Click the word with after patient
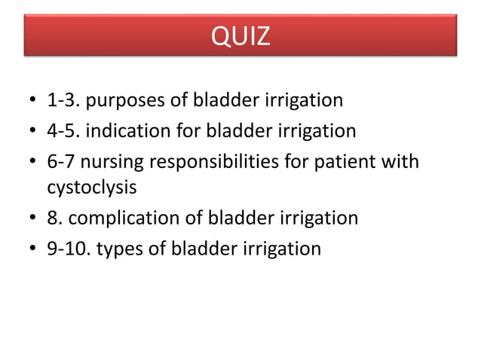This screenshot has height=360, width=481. click(x=401, y=162)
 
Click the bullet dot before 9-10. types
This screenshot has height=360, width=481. click(x=32, y=249)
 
